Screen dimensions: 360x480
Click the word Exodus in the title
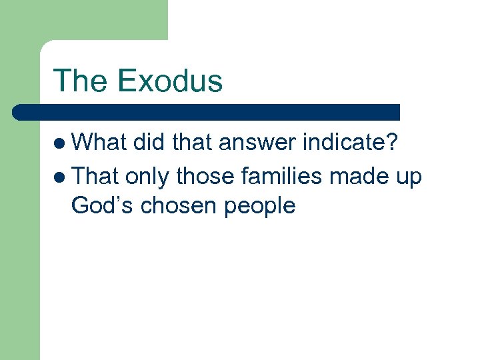pos(169,81)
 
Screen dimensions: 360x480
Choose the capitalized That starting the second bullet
pos(95,176)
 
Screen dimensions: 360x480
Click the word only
pos(147,177)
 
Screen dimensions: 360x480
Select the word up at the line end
pos(409,177)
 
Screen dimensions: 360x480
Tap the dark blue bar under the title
pos(207,112)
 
